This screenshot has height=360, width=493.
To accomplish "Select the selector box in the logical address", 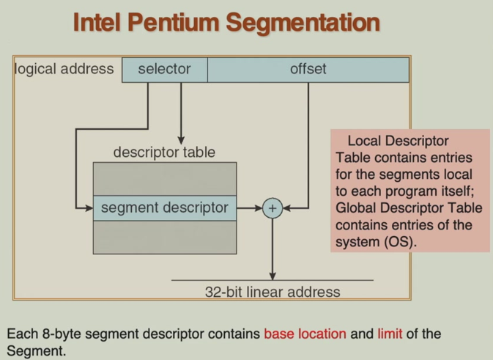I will tap(164, 70).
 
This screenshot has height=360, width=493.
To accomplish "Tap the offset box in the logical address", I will tap(308, 70).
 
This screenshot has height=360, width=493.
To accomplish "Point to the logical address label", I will tap(64, 70).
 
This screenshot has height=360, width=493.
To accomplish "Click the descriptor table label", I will tap(164, 153).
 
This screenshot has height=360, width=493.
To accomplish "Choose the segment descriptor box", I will tap(164, 208).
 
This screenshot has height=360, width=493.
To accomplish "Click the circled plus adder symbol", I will tap(273, 208).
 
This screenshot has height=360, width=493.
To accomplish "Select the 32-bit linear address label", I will tap(273, 292).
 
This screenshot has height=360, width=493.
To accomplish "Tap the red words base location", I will tap(305, 334).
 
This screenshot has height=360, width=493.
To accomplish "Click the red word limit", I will tap(390, 334).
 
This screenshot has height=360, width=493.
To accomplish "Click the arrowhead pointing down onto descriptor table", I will tap(181, 140).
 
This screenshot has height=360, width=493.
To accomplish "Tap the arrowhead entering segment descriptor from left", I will tap(89, 208).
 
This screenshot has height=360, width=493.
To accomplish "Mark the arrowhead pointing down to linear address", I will tap(273, 276).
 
